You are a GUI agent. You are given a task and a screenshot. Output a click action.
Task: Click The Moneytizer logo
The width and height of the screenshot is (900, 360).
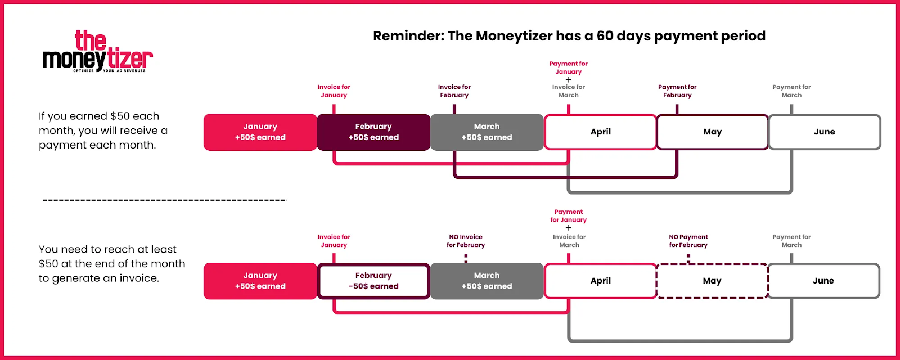pos(98,51)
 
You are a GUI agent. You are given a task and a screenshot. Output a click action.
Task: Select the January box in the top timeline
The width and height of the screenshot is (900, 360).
pos(260,132)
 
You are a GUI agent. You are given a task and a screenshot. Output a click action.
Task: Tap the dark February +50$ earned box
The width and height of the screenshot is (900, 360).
pos(373,132)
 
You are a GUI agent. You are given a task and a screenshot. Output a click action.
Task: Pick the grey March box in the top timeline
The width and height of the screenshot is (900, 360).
pos(487,132)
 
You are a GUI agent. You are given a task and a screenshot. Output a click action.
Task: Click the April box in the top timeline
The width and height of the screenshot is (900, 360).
pos(601,132)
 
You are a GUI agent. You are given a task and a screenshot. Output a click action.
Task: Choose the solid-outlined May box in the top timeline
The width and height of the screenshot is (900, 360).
pos(712,132)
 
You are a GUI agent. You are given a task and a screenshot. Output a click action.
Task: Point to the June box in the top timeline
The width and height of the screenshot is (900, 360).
pos(825,132)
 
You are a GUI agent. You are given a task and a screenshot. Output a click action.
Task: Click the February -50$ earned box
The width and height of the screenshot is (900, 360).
pos(373,281)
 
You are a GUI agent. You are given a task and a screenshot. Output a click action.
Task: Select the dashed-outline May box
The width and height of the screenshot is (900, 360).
pos(712,281)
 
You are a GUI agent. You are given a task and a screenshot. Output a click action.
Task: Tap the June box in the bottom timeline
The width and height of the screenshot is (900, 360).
pos(823,281)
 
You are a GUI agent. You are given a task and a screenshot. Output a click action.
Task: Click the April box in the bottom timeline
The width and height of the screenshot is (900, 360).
pos(601,281)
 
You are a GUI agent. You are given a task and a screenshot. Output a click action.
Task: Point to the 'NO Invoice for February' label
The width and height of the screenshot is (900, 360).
pos(466,241)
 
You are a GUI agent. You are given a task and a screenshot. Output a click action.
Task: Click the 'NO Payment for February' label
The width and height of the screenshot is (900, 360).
pos(688,241)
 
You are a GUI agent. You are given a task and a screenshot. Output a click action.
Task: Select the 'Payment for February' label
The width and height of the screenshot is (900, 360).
pos(677,91)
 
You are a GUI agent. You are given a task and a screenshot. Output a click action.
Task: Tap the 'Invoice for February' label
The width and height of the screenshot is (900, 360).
pos(454,91)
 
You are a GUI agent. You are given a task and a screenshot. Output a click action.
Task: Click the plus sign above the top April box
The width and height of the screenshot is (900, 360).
pos(569,79)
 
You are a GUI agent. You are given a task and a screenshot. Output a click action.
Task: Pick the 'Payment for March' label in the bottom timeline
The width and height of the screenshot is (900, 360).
pos(791,241)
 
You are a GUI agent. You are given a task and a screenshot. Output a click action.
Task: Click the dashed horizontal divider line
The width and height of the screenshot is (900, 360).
pos(164,200)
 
